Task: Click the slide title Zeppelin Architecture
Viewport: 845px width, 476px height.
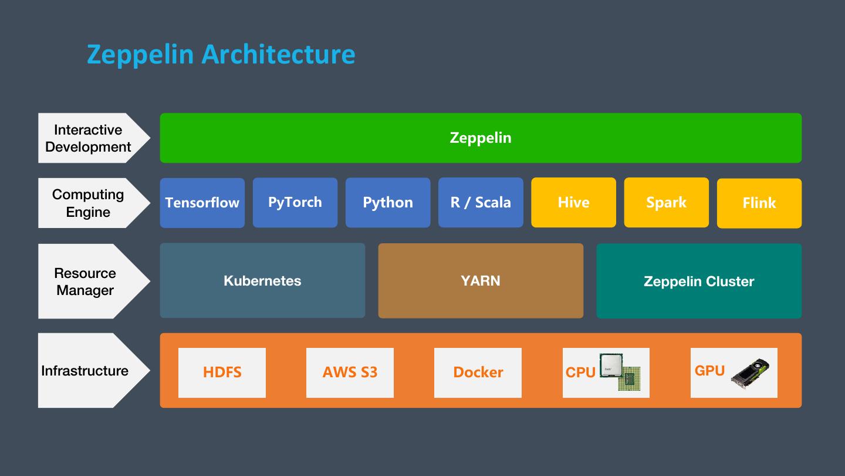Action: coord(221,54)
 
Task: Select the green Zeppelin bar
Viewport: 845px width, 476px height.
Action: coord(480,138)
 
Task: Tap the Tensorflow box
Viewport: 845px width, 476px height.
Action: coord(202,203)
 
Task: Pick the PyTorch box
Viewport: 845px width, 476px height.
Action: coord(295,203)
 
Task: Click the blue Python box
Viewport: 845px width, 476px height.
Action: coord(387,203)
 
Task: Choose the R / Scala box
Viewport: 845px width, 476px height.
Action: coord(480,203)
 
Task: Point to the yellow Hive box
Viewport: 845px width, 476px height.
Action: coord(573,203)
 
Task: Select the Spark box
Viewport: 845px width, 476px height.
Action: coord(666,203)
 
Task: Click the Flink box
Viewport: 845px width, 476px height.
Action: coord(759,203)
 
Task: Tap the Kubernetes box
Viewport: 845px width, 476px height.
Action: coord(262,281)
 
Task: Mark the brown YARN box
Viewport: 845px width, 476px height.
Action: coord(480,281)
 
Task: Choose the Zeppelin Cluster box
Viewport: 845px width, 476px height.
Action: coord(698,281)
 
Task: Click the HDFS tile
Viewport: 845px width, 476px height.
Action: coord(222,373)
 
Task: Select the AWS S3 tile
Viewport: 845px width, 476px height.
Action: coord(350,373)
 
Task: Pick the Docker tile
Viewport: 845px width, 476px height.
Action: coord(478,373)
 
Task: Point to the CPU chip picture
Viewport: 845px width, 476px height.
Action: coord(619,371)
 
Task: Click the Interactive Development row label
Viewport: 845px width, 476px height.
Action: coord(88,138)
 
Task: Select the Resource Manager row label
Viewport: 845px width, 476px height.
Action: coord(86,281)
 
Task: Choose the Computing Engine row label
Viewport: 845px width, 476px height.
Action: coord(88,203)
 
